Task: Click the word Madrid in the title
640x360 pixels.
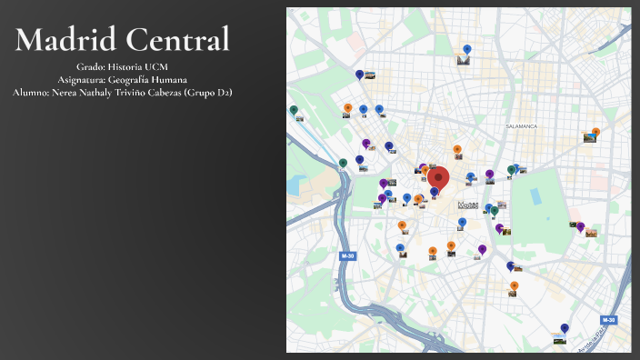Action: tap(65, 39)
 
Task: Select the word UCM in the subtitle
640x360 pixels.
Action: tap(154, 67)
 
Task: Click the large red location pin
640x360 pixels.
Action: tap(439, 178)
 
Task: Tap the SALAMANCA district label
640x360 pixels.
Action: tap(522, 126)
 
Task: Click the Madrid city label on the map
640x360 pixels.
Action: tap(468, 205)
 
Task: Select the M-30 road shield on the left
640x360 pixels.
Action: tap(347, 256)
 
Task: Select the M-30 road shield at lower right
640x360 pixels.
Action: tap(608, 320)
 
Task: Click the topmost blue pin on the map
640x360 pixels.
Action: tap(467, 50)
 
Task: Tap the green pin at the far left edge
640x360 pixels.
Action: tap(294, 110)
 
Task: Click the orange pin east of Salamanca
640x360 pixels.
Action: tap(595, 132)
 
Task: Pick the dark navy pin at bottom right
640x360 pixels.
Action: tap(565, 328)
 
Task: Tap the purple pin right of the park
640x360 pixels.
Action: tap(581, 227)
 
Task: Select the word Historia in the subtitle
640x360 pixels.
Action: tap(124, 67)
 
